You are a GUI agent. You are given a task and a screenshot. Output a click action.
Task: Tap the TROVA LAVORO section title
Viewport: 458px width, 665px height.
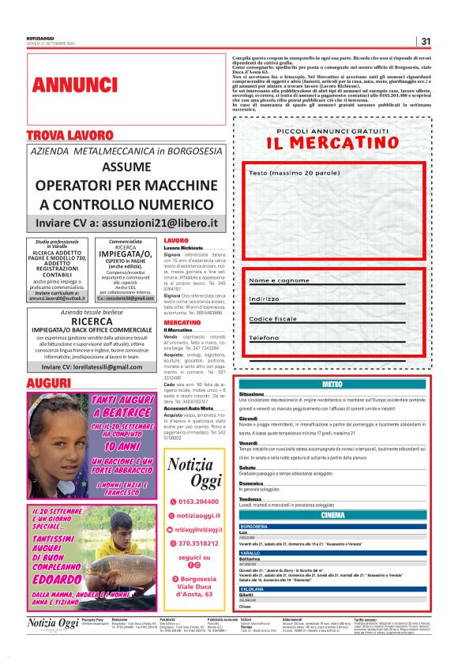69,135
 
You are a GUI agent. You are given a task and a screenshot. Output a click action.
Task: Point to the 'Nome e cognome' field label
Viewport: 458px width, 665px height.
279,280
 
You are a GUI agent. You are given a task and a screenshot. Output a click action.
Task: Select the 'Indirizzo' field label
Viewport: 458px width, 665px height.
265,299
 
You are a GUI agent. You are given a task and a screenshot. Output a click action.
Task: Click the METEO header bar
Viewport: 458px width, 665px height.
332,384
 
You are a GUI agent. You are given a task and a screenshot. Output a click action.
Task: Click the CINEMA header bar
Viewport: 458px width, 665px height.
332,514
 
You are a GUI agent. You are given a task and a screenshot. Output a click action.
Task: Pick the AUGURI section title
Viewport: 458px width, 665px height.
49,383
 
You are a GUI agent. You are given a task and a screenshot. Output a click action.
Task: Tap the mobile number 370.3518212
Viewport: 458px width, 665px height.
200,543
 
